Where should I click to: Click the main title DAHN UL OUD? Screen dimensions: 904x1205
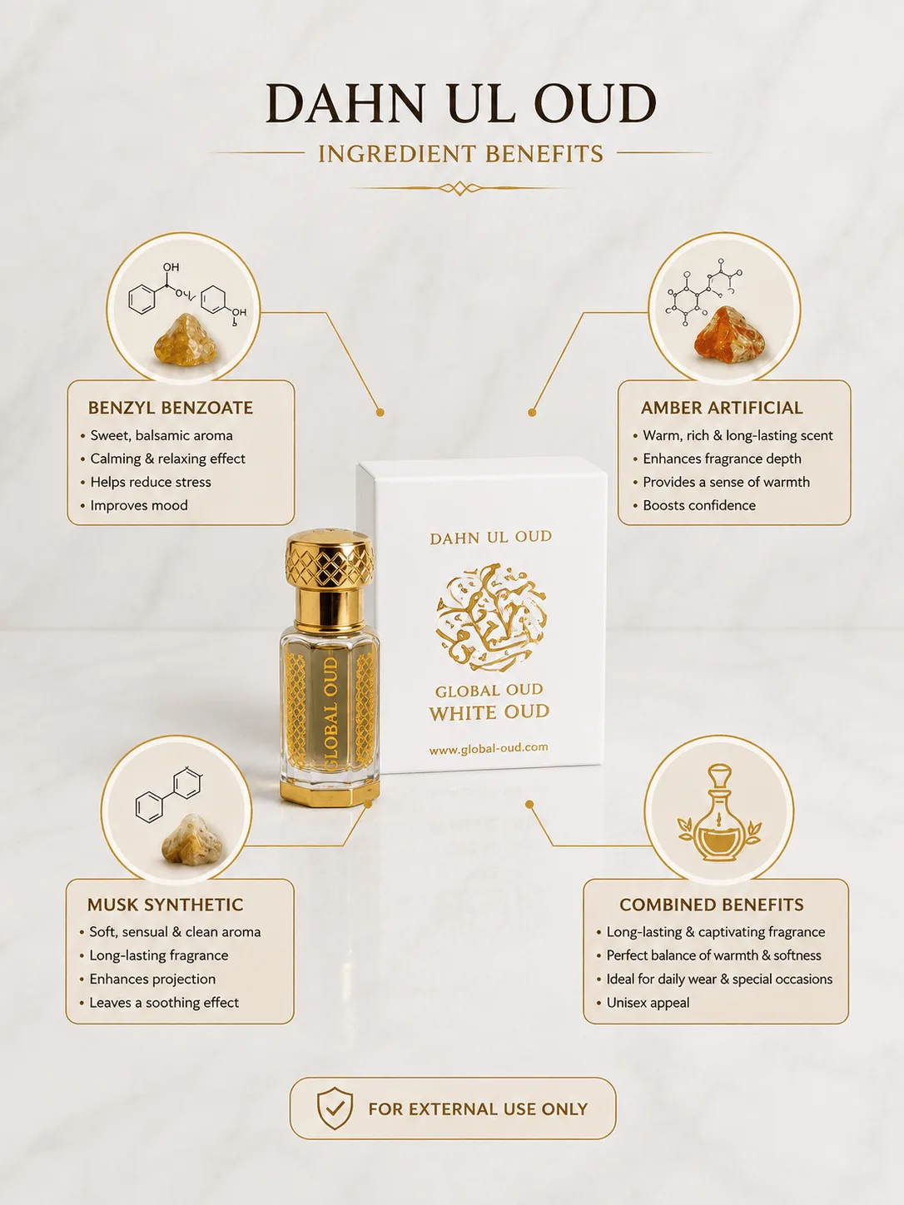coord(461,103)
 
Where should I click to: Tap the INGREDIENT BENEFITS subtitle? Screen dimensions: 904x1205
coord(461,154)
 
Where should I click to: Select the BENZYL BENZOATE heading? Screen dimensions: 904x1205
coord(171,408)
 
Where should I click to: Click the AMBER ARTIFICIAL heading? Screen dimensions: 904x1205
coord(722,408)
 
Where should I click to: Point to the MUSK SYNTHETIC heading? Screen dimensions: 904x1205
coord(165,905)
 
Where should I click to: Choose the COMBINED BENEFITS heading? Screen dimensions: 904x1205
coord(712,905)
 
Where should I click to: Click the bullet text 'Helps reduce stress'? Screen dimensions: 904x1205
coord(151,482)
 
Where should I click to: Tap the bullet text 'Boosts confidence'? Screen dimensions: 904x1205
coord(699,505)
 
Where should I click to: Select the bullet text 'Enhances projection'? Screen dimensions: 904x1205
coord(152,979)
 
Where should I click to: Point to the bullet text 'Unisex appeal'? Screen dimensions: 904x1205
coord(648,1003)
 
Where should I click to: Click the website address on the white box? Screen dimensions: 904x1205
coord(489,747)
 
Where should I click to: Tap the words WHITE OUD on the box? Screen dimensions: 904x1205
coord(489,712)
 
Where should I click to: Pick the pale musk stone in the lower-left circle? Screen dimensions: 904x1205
coord(192,840)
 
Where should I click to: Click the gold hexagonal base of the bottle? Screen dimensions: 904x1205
coord(330,792)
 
